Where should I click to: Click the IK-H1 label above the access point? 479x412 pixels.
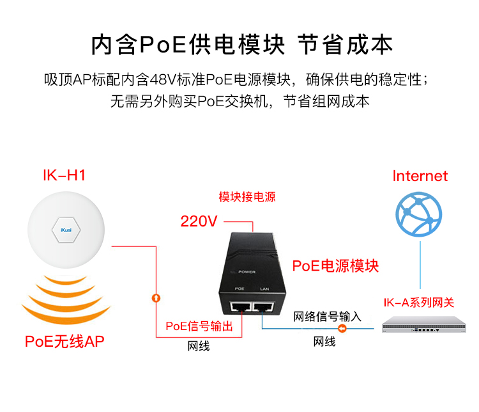tap(64, 175)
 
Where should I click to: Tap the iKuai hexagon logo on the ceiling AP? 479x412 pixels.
tap(66, 230)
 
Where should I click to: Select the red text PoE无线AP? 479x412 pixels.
tap(65, 342)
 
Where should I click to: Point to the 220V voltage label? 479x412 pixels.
tap(199, 221)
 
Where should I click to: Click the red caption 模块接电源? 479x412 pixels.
tap(247, 197)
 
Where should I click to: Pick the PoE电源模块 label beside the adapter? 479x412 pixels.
tap(335, 265)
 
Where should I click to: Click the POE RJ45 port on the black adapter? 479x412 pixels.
tap(240, 306)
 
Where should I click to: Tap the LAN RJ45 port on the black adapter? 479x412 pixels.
tap(263, 306)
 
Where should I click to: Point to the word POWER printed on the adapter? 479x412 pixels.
tap(247, 272)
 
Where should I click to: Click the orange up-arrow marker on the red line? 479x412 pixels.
tap(156, 298)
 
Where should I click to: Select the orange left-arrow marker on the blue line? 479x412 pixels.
tap(342, 329)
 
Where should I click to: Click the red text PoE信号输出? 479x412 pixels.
tap(199, 326)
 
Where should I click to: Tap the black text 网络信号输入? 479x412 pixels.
tap(328, 317)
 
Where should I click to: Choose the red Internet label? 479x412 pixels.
tap(420, 176)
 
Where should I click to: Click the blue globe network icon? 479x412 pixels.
tap(419, 214)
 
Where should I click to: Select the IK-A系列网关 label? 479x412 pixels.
tap(419, 303)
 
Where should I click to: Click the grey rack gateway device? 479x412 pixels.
tap(424, 325)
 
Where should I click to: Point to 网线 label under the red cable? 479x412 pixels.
tap(199, 346)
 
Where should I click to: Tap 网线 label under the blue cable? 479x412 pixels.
tap(324, 342)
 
